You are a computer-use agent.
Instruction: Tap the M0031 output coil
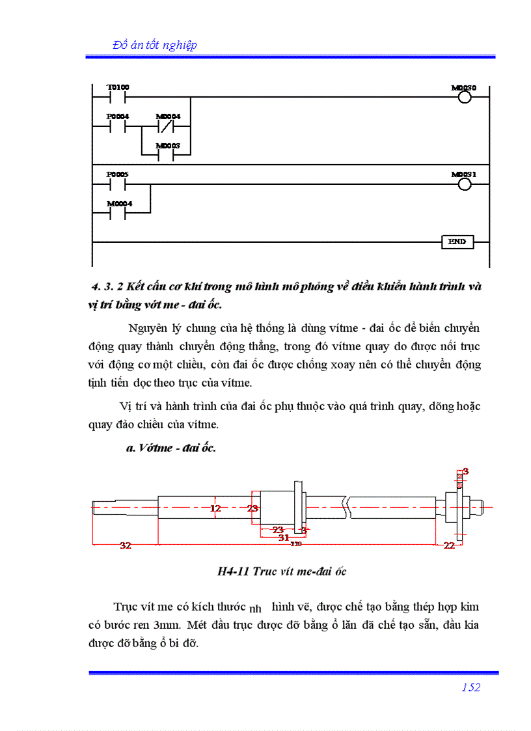click(x=464, y=185)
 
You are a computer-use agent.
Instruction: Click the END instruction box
click(x=457, y=242)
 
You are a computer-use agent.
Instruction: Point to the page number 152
click(x=470, y=687)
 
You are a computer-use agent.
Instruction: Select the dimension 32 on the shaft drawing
click(x=125, y=546)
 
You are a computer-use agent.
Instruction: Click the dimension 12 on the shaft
click(x=216, y=508)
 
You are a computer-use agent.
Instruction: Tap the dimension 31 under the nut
click(x=283, y=538)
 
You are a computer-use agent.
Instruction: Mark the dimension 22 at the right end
click(x=449, y=546)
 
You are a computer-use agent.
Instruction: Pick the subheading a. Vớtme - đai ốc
click(x=170, y=448)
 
